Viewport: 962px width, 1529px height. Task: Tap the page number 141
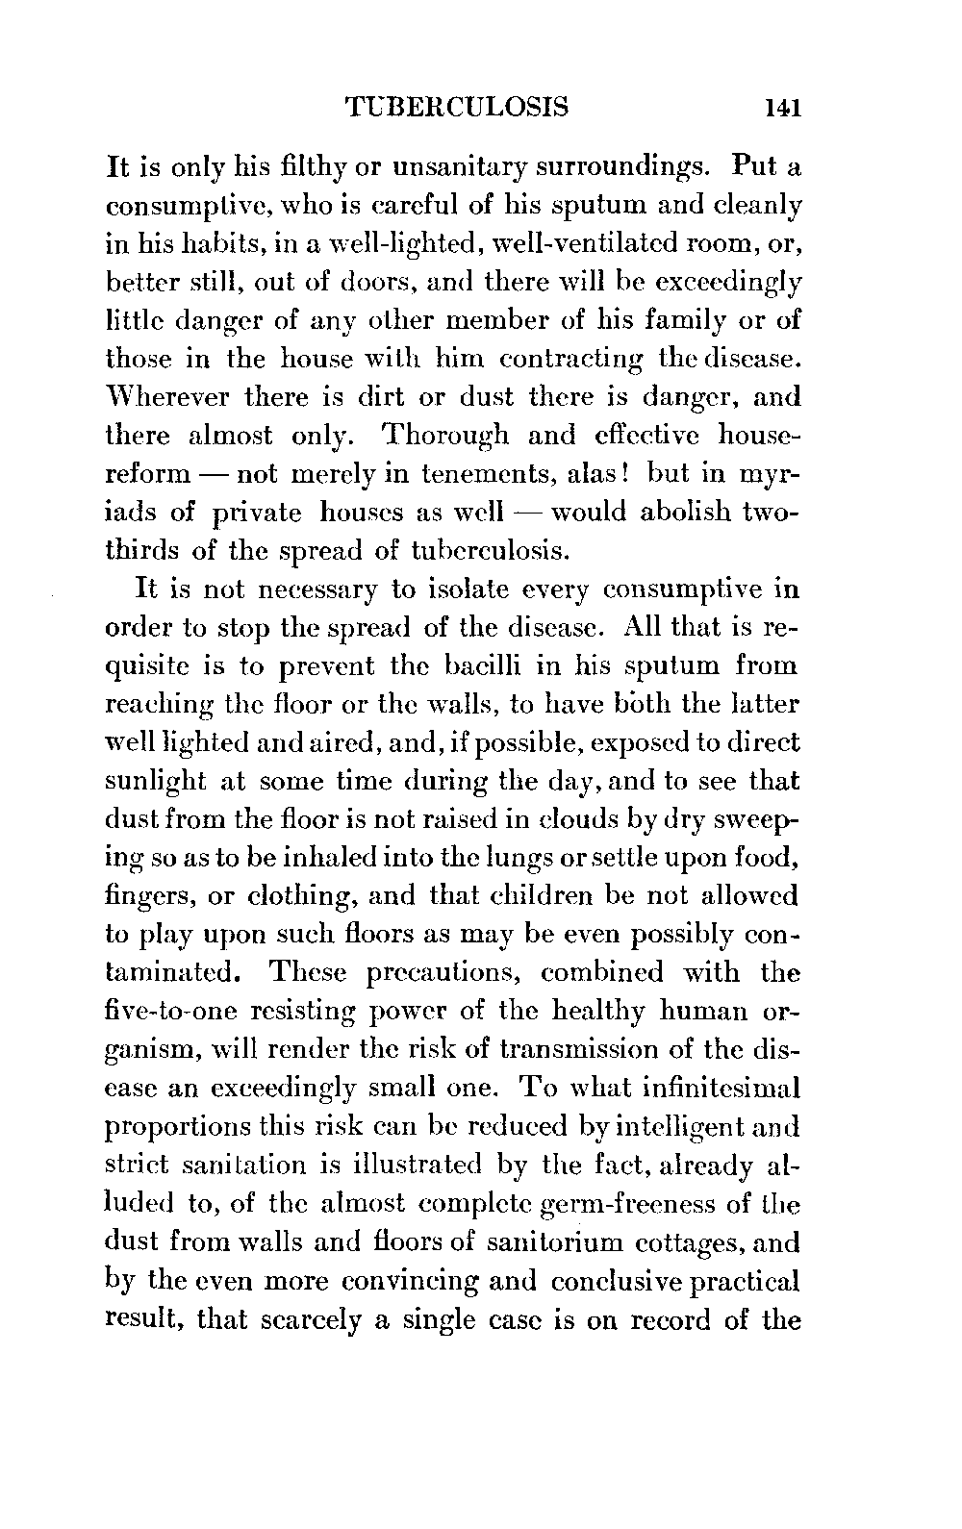781,106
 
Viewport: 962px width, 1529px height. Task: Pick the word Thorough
445,435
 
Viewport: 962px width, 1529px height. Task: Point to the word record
670,1319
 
